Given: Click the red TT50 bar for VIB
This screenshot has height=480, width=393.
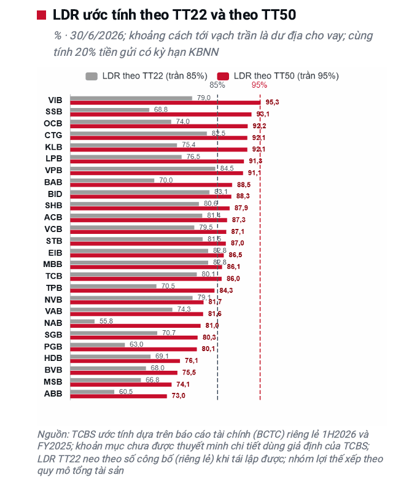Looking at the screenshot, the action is click(165, 103).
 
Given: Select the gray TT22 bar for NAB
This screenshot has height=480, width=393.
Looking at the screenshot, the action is click(82, 321).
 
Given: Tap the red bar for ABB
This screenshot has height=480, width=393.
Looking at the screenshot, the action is click(119, 396).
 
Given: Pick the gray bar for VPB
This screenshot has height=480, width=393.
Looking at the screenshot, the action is click(142, 168).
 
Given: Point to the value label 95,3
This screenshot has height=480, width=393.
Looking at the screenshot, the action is click(272, 103).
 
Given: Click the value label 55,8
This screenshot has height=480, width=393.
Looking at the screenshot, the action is click(106, 321).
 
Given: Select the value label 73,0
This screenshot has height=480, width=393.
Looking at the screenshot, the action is click(179, 396).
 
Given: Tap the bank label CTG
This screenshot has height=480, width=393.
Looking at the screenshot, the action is click(53, 135).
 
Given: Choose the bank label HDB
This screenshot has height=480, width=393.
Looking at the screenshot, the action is click(53, 358).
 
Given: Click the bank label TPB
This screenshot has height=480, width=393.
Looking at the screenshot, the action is click(54, 288).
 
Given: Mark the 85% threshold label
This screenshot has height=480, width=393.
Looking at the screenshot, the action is click(217, 85).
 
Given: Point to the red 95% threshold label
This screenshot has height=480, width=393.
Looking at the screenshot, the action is click(260, 85).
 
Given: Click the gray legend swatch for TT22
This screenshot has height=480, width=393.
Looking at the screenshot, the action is click(91, 76).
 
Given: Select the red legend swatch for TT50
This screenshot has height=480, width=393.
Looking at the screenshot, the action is click(223, 76).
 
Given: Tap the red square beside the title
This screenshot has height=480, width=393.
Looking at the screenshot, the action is click(41, 15).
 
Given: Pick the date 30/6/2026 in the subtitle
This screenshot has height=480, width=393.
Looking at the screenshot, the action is click(96, 36).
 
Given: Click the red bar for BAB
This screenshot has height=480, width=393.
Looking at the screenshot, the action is click(151, 185).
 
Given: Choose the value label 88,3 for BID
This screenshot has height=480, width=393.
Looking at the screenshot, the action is click(243, 196).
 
